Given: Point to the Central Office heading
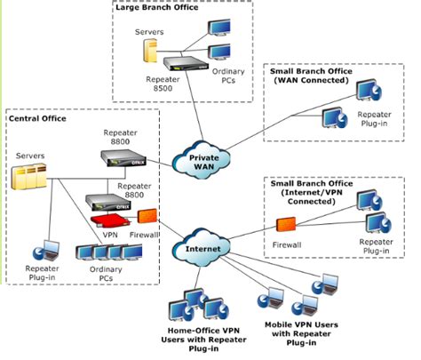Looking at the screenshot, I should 37,117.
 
